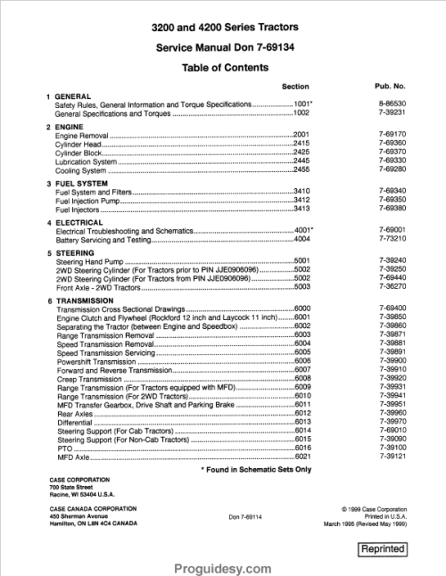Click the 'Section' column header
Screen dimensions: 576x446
coord(295,86)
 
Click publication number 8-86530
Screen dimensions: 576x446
coord(392,105)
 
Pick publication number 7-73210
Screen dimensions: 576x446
coord(392,239)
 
